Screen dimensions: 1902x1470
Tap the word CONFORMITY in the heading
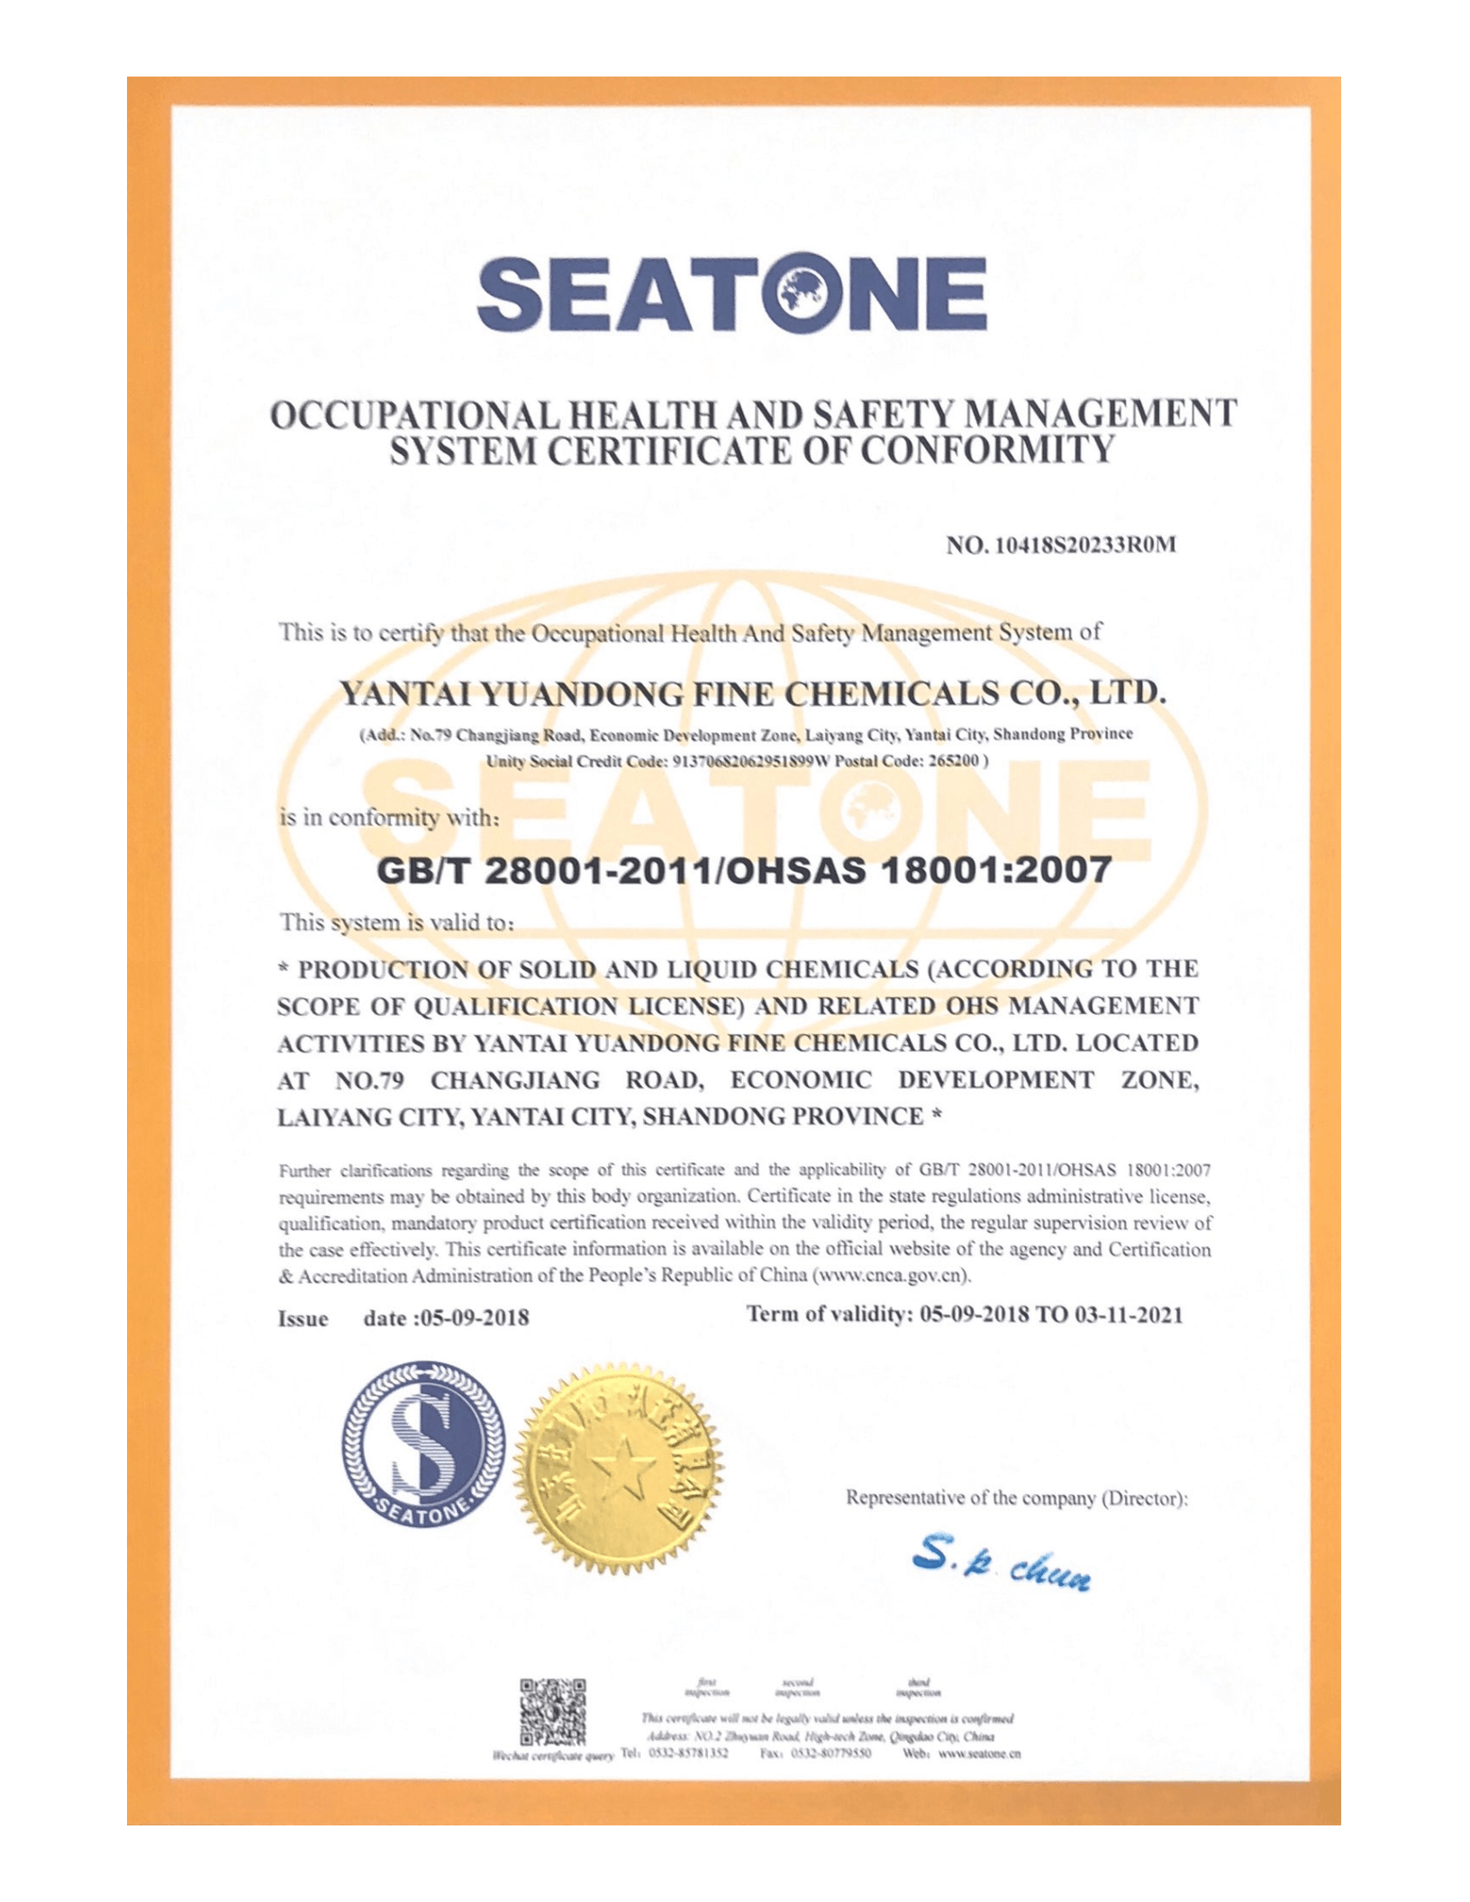click(987, 449)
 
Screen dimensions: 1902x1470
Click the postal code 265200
click(953, 760)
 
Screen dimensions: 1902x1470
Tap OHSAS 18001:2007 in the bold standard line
click(917, 870)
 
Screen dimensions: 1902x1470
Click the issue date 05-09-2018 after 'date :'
click(475, 1318)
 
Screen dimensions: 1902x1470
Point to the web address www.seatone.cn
click(980, 1753)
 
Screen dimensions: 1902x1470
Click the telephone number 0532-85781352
click(688, 1753)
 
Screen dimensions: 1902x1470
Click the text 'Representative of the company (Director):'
click(1017, 1499)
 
